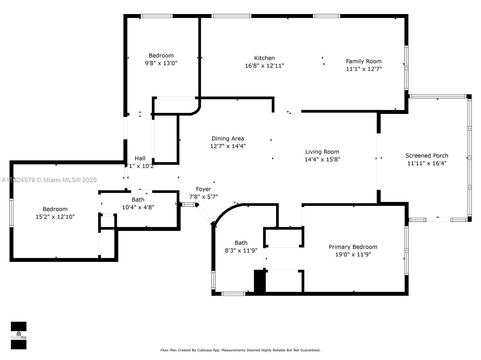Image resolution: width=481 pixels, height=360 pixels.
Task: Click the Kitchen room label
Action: coord(264,58)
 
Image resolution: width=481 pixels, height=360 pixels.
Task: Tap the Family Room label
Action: coord(363,61)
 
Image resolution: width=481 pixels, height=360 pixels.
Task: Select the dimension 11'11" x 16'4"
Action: coord(427,163)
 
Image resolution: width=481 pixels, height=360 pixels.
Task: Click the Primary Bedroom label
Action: coord(353,247)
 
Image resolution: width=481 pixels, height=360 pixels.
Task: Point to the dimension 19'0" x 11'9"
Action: coord(353,254)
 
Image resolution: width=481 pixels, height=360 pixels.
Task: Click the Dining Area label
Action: coord(228,138)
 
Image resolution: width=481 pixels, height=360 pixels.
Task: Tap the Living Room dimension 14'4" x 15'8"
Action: coord(322,159)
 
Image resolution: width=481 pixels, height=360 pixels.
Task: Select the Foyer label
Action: coord(203,189)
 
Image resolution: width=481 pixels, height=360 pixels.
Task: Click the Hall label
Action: coord(140,158)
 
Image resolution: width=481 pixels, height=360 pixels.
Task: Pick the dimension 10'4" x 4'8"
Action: coord(138,207)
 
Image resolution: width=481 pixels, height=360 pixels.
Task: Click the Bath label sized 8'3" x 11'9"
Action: coord(241,243)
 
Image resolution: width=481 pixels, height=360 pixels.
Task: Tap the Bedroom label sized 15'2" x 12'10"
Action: coord(55,209)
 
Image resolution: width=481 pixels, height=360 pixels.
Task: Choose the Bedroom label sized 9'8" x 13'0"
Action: coord(161,55)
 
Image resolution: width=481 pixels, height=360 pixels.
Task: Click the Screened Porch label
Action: coord(427,155)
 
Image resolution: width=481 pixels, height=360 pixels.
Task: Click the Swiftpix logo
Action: coord(19,335)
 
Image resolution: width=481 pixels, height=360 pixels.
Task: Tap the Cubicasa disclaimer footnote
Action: coord(240,350)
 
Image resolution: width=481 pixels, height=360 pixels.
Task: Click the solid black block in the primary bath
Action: coord(259,281)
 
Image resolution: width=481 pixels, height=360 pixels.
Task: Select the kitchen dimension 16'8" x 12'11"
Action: coord(264,66)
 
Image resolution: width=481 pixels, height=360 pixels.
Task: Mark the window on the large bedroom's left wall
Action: coord(11,213)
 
